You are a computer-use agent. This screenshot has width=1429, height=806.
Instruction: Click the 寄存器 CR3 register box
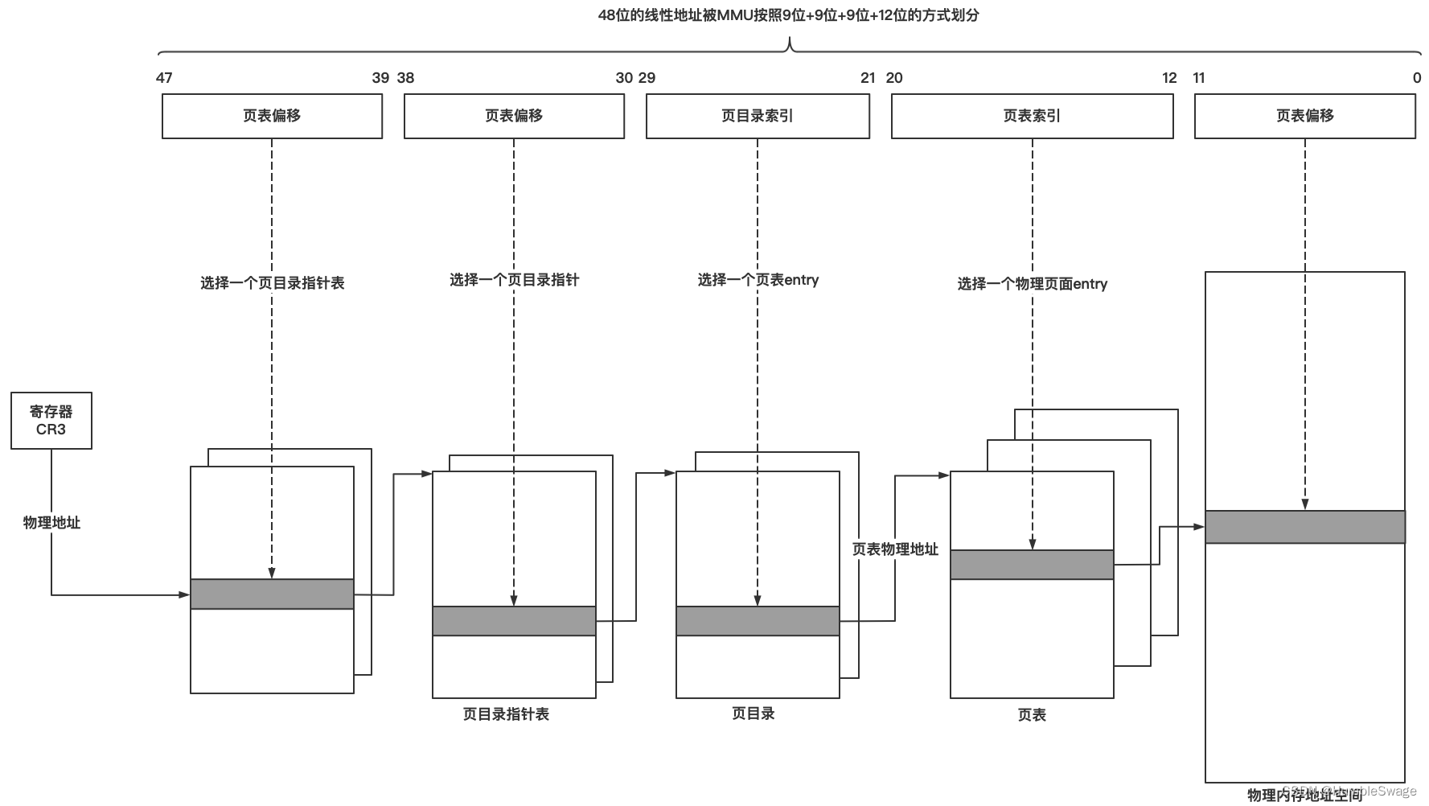point(51,421)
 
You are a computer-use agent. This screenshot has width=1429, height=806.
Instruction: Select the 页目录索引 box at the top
point(758,117)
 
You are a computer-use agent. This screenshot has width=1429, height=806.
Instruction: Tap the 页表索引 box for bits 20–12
point(1032,117)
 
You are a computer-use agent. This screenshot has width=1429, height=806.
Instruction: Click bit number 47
point(164,78)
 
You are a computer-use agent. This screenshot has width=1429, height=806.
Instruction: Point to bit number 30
point(624,78)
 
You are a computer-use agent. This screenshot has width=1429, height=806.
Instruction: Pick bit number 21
point(868,78)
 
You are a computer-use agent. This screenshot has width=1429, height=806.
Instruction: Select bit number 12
point(1169,78)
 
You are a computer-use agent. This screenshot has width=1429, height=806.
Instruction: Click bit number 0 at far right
point(1416,78)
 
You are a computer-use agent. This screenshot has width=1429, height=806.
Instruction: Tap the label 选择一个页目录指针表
point(272,283)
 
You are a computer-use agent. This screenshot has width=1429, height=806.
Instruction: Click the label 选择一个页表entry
point(758,280)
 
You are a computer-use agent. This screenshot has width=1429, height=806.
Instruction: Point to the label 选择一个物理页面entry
point(1032,284)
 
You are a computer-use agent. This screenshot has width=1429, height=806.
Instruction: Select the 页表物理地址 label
point(895,549)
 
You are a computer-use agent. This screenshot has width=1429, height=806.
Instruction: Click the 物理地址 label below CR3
point(51,523)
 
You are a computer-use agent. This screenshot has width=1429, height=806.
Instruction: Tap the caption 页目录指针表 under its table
point(506,714)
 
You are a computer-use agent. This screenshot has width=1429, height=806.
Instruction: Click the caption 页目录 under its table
point(754,713)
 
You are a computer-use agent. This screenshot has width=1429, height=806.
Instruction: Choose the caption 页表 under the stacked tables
point(1032,715)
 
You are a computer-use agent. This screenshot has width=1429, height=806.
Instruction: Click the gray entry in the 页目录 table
point(758,621)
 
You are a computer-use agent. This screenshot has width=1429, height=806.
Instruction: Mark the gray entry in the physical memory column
point(1304,527)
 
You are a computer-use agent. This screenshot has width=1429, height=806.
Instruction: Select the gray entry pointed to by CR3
point(272,594)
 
